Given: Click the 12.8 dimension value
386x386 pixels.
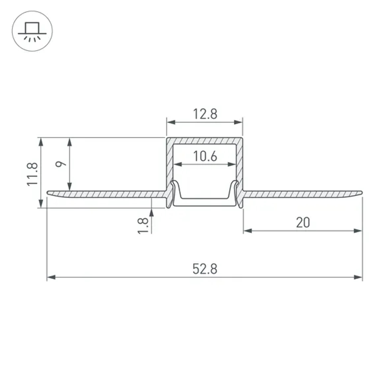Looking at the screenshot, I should pos(205,114).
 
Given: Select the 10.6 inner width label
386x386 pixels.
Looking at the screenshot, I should pos(205,156).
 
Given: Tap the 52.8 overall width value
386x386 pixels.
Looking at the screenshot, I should pos(205,269).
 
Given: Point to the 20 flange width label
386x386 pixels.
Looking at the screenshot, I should pos(303,223).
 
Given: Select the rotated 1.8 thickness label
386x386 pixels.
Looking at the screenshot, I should pos(142,226).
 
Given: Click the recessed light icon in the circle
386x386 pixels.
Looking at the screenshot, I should pos(32,31).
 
